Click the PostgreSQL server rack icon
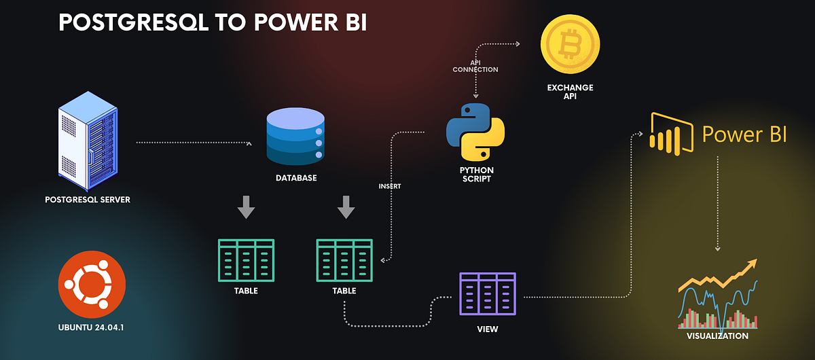[x=87, y=141]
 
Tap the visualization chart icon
[x=717, y=295]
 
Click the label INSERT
[x=390, y=185]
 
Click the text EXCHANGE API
[x=570, y=92]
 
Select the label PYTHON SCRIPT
[x=476, y=174]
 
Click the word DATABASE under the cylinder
[x=295, y=178]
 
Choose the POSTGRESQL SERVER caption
[x=87, y=200]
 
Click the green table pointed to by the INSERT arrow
[x=344, y=260]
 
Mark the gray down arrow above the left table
[x=246, y=207]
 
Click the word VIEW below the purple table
[x=487, y=329]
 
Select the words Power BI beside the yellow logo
[x=744, y=134]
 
